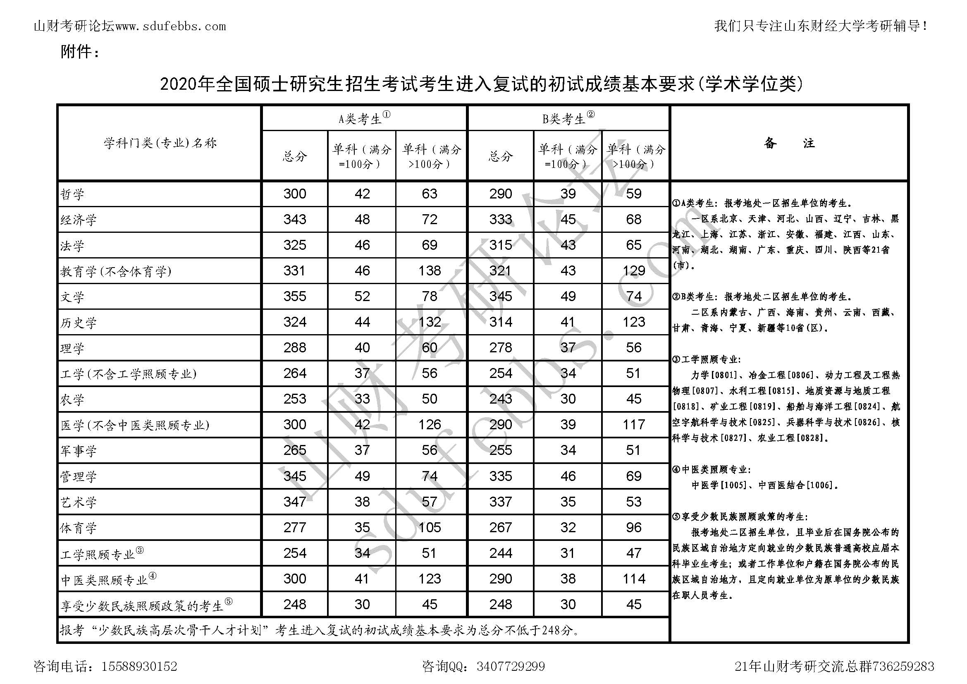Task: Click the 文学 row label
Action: coord(72,297)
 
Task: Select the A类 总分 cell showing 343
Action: coord(294,220)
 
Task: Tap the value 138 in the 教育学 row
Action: coord(430,270)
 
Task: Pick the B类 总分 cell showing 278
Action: coord(500,347)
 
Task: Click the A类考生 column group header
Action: coord(364,118)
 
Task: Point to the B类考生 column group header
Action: coord(568,118)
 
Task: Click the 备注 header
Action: coord(789,143)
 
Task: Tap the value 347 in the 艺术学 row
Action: coord(294,502)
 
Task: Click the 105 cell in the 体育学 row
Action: coord(430,527)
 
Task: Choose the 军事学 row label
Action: coord(78,451)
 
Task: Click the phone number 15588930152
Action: coord(139,667)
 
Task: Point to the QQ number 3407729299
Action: coord(511,667)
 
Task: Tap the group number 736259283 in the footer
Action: coord(903,667)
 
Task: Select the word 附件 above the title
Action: coord(76,52)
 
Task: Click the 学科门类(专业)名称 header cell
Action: coord(160,143)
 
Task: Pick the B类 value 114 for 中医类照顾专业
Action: coord(634,579)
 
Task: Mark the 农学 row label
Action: coord(72,399)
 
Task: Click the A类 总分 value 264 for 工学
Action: coord(294,373)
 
